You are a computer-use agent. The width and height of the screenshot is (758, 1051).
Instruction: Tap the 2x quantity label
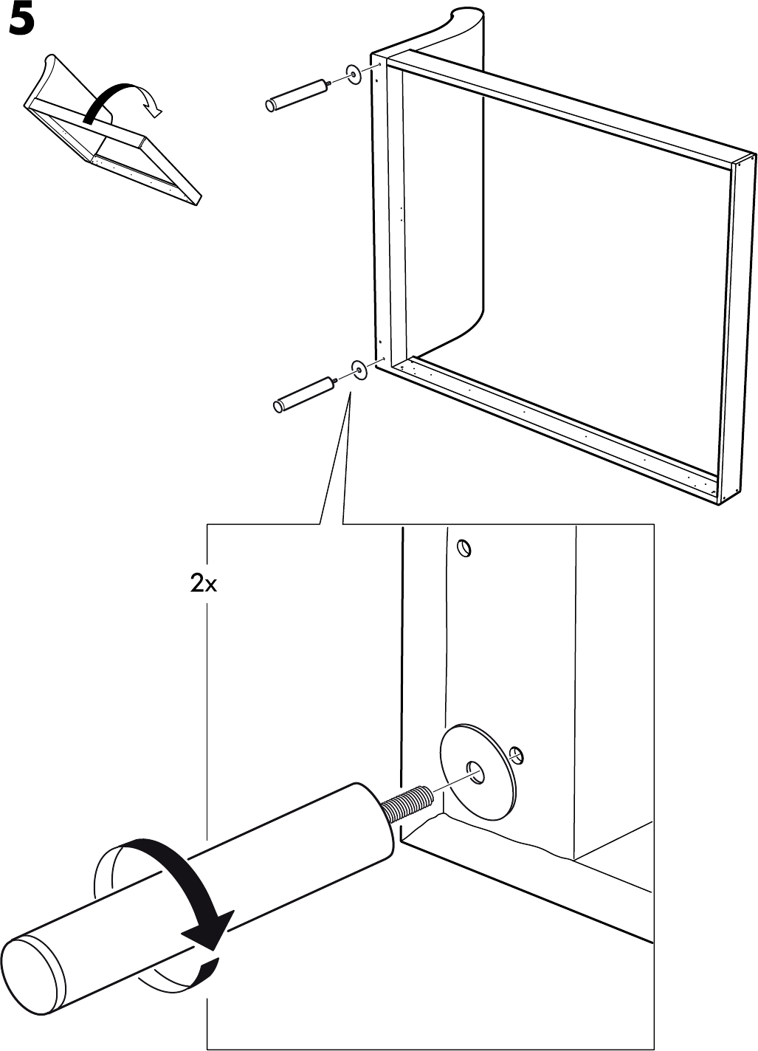pyautogui.click(x=204, y=585)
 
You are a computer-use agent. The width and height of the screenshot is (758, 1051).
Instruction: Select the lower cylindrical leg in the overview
pyautogui.click(x=303, y=395)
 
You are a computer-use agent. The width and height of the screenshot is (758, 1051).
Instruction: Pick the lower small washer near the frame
pyautogui.click(x=359, y=369)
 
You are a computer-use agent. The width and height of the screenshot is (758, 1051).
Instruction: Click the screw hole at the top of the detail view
pyautogui.click(x=464, y=548)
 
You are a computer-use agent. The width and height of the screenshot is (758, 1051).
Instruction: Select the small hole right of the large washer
pyautogui.click(x=518, y=754)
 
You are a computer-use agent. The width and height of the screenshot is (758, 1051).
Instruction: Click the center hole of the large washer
pyautogui.click(x=475, y=774)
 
